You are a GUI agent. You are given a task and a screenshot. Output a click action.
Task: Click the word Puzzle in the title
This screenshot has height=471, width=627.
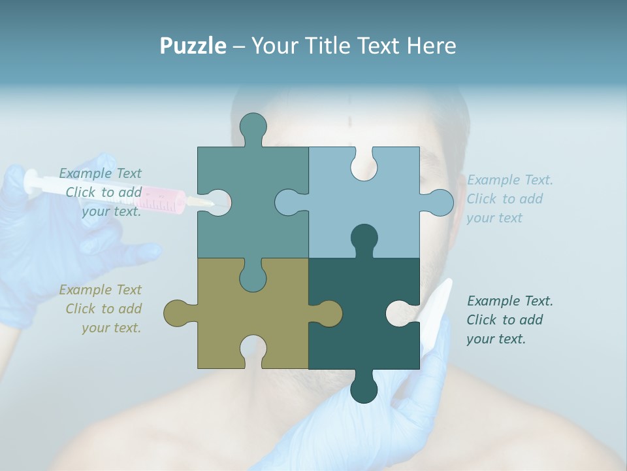(193, 46)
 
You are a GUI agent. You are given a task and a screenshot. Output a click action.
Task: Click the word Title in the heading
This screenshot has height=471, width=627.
(332, 46)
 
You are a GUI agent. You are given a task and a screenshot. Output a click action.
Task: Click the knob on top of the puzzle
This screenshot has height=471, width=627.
(253, 128)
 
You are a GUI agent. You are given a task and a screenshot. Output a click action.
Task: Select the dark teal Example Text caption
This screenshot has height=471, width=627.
(509, 320)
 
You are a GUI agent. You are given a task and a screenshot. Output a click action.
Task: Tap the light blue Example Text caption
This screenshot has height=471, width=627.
(509, 199)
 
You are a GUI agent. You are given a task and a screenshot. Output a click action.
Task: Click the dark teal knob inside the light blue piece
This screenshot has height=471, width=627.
(364, 239)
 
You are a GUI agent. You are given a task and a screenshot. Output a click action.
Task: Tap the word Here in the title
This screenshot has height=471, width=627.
(430, 46)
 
